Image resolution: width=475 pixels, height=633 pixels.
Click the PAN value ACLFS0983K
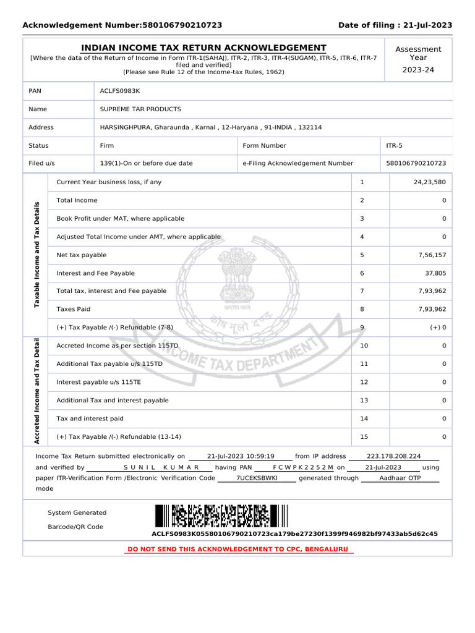[x=120, y=91]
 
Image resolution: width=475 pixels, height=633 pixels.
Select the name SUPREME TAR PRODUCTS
[x=140, y=109]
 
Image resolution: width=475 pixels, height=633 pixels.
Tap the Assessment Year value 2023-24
[x=418, y=70]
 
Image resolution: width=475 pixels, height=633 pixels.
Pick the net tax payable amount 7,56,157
[x=431, y=255]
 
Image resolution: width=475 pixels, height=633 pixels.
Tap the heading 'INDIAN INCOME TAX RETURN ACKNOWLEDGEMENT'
[x=204, y=48]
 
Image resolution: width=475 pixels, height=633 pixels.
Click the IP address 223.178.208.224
[x=394, y=456]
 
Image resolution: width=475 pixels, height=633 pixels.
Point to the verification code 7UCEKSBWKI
[x=257, y=478]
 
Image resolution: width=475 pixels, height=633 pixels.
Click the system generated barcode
[x=221, y=516]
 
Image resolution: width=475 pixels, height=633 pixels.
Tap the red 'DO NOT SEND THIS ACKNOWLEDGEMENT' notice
[x=237, y=549]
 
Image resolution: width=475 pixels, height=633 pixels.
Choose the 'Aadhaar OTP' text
[x=400, y=478]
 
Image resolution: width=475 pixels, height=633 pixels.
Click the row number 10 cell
[x=364, y=346]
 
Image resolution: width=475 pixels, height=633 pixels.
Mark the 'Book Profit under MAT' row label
[x=120, y=219]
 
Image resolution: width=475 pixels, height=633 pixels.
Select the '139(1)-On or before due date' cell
[x=146, y=164]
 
